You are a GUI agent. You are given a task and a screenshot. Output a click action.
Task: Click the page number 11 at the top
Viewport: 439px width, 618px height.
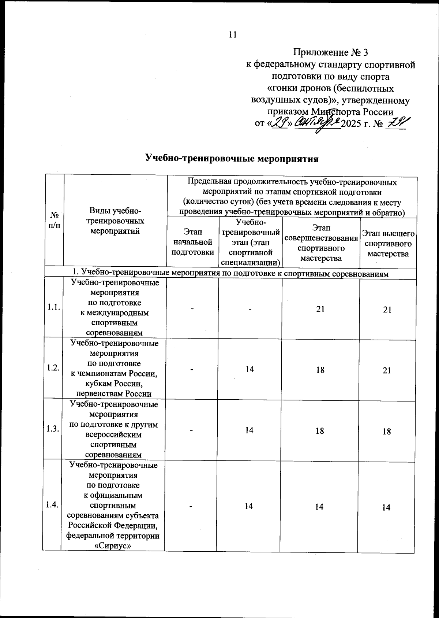click(x=233, y=34)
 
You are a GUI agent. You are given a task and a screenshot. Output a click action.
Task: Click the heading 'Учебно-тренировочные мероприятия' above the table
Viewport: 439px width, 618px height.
click(x=232, y=159)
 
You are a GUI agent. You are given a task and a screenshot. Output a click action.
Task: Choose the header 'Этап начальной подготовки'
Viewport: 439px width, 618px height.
click(x=193, y=242)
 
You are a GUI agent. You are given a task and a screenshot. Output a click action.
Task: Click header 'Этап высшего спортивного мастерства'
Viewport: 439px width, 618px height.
click(x=388, y=244)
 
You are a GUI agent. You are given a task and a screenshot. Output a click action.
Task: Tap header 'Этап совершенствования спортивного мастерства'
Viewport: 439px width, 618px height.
click(x=321, y=243)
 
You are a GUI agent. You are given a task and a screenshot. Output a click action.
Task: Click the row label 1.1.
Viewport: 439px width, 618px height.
click(x=53, y=308)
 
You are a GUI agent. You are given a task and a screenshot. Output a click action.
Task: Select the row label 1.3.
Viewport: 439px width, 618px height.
click(x=53, y=429)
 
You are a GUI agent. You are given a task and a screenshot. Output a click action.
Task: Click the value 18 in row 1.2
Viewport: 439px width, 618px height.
click(x=320, y=370)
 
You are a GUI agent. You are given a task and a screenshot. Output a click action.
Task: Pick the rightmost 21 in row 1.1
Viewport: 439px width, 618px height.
click(x=387, y=310)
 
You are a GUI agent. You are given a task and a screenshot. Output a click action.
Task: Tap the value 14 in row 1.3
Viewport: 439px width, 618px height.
click(x=249, y=430)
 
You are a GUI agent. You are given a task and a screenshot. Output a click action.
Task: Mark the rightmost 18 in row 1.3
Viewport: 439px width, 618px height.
click(x=387, y=431)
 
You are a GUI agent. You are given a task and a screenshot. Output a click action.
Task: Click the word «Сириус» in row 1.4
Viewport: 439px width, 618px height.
click(x=113, y=545)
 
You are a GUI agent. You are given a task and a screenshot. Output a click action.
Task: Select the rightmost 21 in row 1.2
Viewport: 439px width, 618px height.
click(x=387, y=370)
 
